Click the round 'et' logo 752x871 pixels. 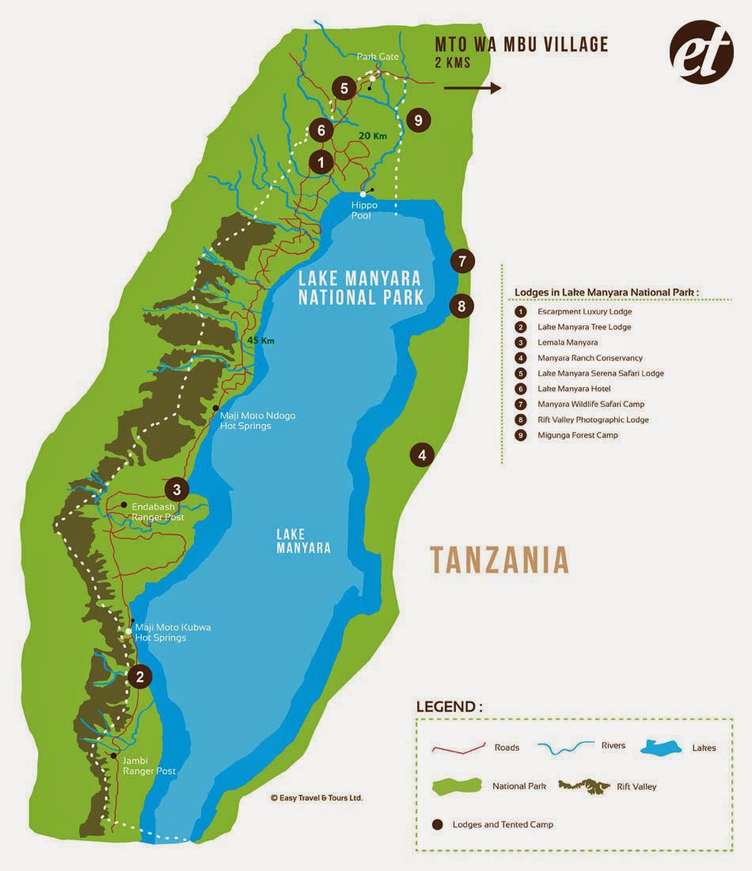pyautogui.click(x=701, y=51)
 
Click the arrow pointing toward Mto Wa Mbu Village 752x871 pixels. pyautogui.click(x=472, y=88)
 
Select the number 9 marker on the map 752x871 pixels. pyautogui.click(x=418, y=120)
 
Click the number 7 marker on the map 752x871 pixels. pyautogui.click(x=463, y=260)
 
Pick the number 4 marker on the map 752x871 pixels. pyautogui.click(x=422, y=455)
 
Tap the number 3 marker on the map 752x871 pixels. pyautogui.click(x=177, y=489)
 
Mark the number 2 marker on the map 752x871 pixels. pyautogui.click(x=140, y=676)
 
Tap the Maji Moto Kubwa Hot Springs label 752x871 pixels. pyautogui.click(x=173, y=632)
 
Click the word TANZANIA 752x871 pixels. pyautogui.click(x=499, y=560)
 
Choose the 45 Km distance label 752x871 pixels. pyautogui.click(x=260, y=340)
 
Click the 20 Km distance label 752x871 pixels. pyautogui.click(x=372, y=136)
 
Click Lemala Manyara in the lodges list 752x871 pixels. pyautogui.click(x=568, y=342)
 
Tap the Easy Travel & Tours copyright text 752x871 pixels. pyautogui.click(x=316, y=797)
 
